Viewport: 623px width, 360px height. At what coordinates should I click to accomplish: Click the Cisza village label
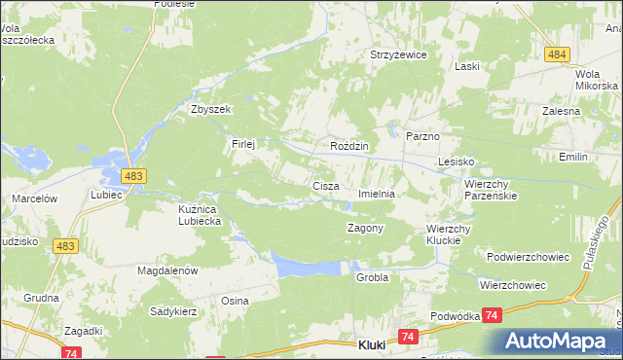(x=324, y=185)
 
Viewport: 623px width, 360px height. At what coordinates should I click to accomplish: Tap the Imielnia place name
(x=377, y=194)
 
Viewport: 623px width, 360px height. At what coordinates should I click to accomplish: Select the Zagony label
(x=366, y=228)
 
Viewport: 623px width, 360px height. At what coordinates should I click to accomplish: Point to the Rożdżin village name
(x=348, y=146)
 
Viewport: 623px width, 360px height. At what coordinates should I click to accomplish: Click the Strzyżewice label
(x=398, y=55)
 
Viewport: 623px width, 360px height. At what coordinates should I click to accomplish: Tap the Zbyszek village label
(x=210, y=110)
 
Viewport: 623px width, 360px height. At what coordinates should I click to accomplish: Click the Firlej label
(x=242, y=144)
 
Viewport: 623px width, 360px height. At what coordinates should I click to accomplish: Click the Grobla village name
(x=372, y=277)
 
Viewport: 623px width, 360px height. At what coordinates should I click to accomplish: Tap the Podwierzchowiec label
(x=527, y=256)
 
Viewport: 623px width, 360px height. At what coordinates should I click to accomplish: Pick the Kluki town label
(x=374, y=345)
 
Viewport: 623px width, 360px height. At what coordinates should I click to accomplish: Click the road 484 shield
(x=557, y=54)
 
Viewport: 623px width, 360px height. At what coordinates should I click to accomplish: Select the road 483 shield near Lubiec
(x=134, y=175)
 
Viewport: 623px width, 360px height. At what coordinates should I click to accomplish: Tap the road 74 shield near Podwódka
(x=494, y=315)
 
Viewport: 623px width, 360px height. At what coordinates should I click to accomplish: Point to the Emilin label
(x=574, y=156)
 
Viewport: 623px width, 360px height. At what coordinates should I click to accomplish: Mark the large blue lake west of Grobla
(x=309, y=265)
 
